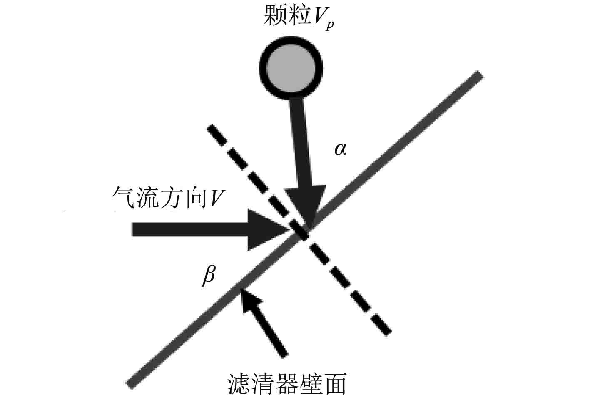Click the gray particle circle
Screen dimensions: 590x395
pyautogui.click(x=291, y=68)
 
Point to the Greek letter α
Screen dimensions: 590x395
pyautogui.click(x=340, y=149)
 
